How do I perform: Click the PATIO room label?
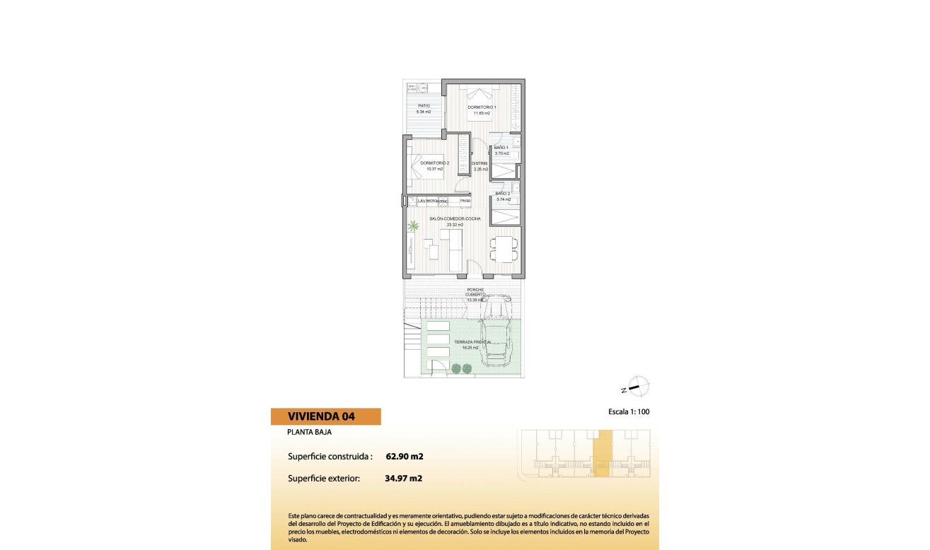tap(424, 106)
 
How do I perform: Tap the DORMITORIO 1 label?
tap(482, 107)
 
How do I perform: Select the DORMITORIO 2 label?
tap(435, 163)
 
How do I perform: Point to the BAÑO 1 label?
tap(501, 148)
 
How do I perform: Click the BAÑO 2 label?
tap(503, 194)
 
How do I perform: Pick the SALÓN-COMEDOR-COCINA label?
tap(455, 219)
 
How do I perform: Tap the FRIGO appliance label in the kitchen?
tap(465, 201)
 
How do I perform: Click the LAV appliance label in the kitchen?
tap(422, 201)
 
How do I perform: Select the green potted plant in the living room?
tap(413, 226)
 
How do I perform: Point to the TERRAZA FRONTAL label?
tap(474, 342)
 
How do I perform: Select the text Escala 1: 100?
tap(628, 411)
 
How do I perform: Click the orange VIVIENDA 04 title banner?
tap(326, 416)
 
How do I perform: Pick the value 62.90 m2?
tap(405, 456)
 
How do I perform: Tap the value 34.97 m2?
tap(404, 479)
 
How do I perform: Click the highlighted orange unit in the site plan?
tap(602, 453)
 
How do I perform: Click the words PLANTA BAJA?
tap(309, 432)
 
